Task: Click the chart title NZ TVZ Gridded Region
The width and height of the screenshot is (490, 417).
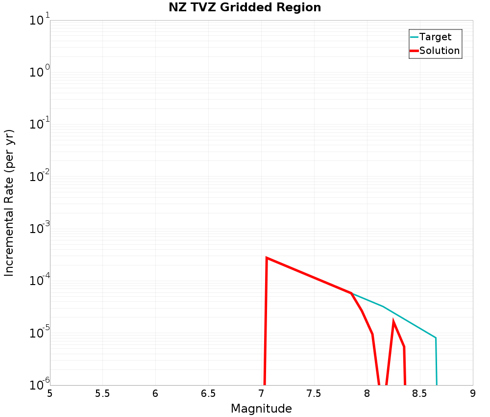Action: point(245,8)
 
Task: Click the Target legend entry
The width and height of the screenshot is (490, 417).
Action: point(435,37)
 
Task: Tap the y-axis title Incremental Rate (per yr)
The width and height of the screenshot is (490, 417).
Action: point(9,203)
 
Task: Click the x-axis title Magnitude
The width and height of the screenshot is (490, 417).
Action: point(261,409)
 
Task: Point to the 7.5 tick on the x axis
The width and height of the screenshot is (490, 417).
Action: point(314,393)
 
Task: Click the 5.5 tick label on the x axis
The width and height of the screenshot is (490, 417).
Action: point(102,393)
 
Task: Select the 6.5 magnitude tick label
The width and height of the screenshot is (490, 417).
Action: point(208,393)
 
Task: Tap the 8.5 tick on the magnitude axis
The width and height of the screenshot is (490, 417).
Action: point(420,393)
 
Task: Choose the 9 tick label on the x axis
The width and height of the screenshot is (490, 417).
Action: point(473,393)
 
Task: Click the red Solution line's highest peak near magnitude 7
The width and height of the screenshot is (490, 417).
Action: point(267,258)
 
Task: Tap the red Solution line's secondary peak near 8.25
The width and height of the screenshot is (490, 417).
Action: point(393,322)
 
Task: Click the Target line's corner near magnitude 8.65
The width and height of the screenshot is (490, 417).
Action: point(436,338)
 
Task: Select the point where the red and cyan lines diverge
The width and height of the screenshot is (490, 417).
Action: point(351,293)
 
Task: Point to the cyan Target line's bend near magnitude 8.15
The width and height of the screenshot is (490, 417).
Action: point(383,307)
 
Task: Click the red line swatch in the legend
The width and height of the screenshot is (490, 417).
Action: point(414,51)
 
